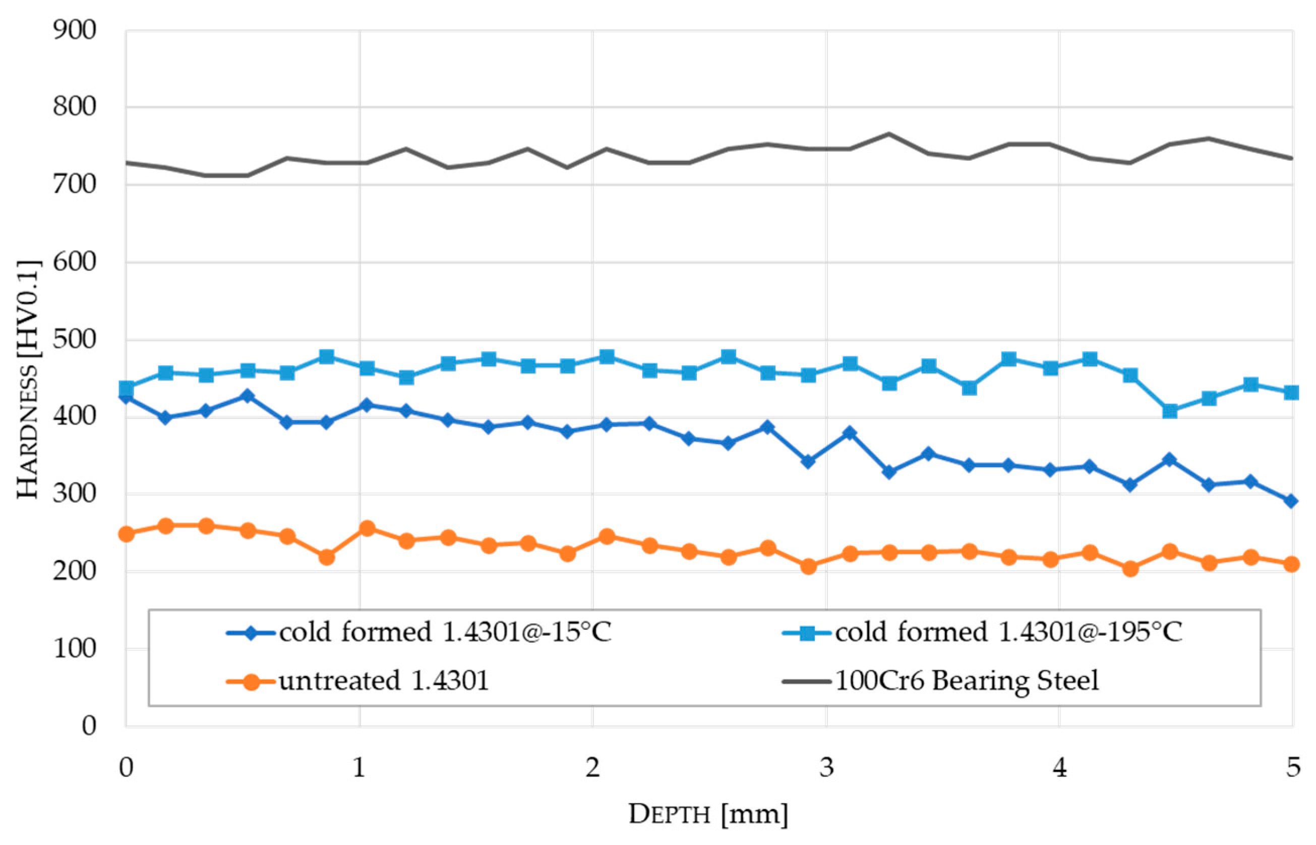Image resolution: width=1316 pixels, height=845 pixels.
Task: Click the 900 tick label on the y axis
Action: pos(74,31)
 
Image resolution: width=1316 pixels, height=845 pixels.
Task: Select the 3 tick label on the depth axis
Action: pos(826,767)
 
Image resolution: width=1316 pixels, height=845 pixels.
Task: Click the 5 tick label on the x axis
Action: pos(1293,767)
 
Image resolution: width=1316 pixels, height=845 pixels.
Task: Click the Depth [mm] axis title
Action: pos(708,814)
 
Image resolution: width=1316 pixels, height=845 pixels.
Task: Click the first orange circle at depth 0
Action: pos(126,534)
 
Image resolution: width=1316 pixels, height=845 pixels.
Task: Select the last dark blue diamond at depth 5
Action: pos(1291,501)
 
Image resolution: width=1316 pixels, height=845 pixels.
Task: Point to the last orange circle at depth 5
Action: pos(1291,564)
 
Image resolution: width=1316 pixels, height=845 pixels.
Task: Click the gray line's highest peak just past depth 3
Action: pos(888,133)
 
